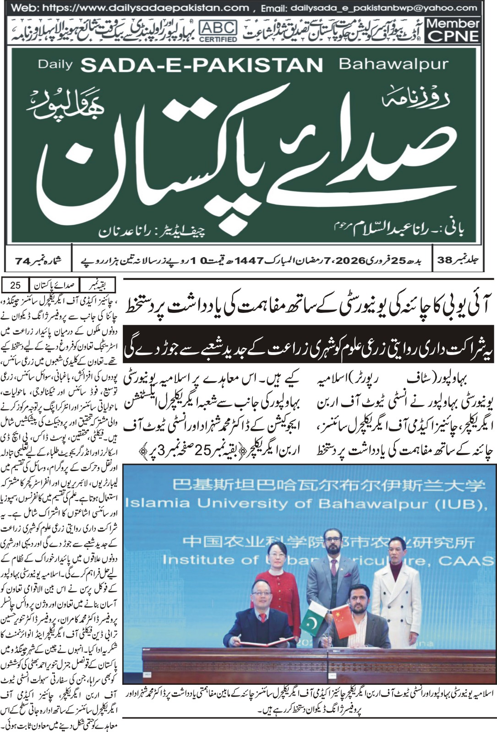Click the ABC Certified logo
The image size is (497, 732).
click(218, 31)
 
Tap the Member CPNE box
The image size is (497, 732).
click(453, 30)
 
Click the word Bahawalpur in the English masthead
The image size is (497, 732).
click(393, 64)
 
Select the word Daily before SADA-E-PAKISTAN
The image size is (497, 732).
click(55, 65)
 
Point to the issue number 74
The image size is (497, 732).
click(25, 261)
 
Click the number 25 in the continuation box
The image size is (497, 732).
click(15, 285)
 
